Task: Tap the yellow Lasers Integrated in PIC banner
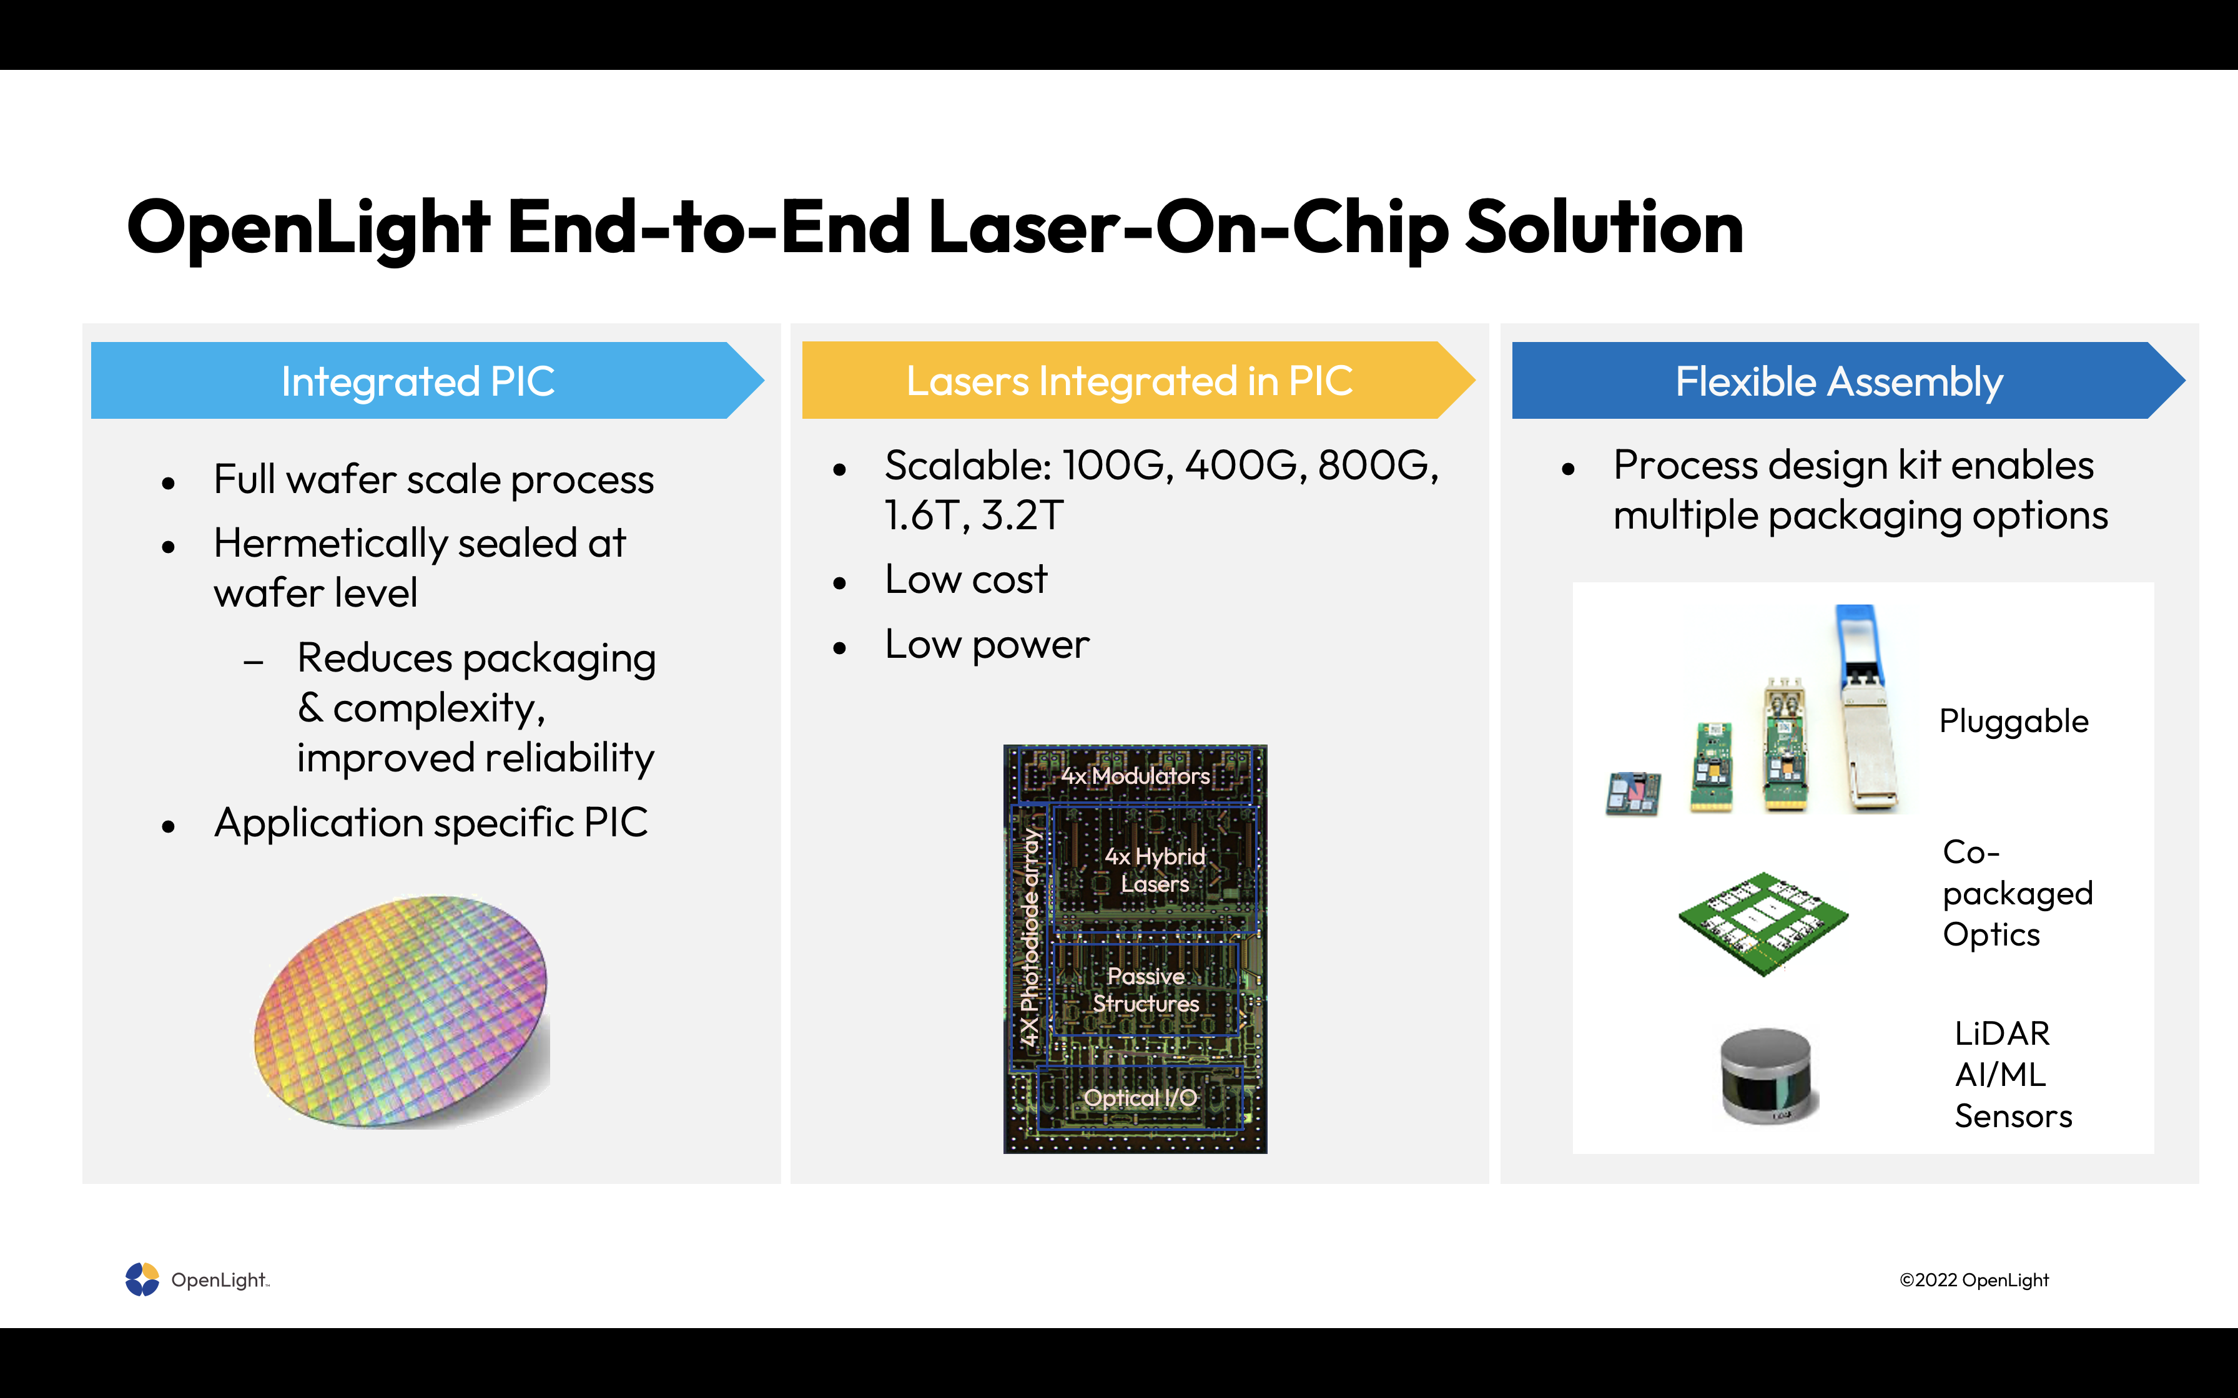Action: click(1138, 381)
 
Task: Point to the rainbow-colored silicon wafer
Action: click(402, 1012)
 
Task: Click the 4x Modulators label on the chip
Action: click(1135, 776)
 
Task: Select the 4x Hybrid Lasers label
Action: click(1155, 870)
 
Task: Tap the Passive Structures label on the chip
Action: click(1146, 989)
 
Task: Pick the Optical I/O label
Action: click(1140, 1098)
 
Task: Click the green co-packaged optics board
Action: click(1763, 923)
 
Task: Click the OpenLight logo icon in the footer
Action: click(142, 1279)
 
